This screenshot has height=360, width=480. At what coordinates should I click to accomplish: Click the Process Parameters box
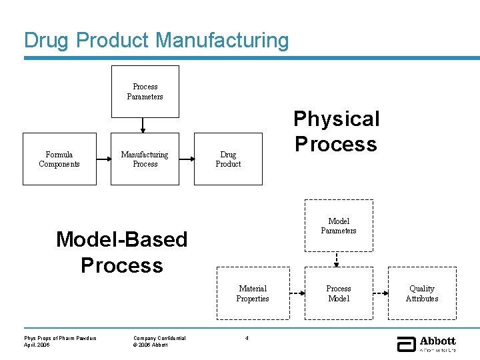click(145, 91)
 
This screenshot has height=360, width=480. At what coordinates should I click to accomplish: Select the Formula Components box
click(59, 159)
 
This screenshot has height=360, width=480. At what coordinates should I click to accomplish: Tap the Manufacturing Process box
click(145, 159)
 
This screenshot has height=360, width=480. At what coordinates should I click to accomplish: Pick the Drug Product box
click(228, 159)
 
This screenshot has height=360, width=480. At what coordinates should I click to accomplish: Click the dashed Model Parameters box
click(339, 225)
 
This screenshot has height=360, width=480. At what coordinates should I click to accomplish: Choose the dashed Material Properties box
click(253, 293)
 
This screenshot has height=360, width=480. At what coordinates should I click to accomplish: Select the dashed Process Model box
click(339, 293)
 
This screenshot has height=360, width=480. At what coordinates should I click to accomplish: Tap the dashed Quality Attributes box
click(422, 293)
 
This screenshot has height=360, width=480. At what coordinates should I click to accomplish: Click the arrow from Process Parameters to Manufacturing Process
click(143, 125)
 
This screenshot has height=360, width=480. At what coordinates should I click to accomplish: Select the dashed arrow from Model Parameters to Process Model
click(338, 259)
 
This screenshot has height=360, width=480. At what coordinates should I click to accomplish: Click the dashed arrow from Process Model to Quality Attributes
click(380, 293)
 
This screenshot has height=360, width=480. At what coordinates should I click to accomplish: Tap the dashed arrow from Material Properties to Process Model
click(297, 293)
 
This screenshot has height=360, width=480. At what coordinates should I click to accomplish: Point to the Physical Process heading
click(336, 131)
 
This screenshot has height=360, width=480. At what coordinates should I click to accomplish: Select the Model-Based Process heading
click(122, 252)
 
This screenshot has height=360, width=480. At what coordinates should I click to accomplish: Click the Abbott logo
click(427, 343)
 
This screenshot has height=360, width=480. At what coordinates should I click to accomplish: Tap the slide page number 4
click(247, 338)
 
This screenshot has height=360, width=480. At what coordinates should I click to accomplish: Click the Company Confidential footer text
click(159, 338)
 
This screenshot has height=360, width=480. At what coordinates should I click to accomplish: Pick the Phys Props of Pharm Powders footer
click(60, 338)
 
